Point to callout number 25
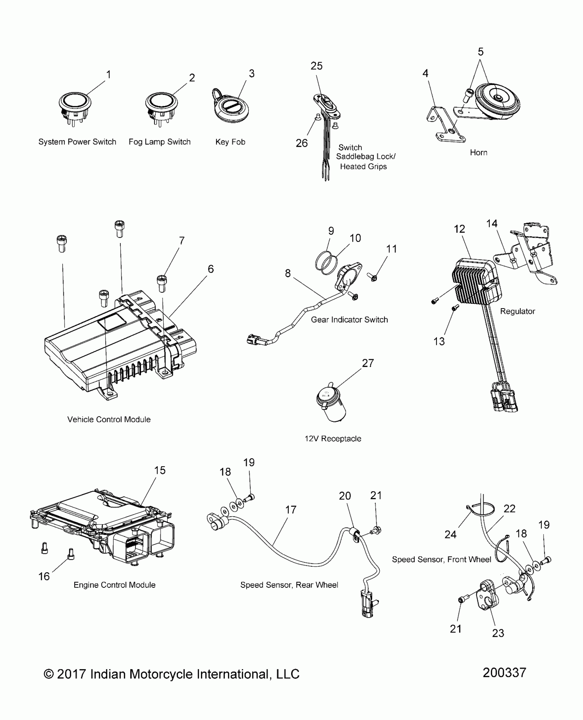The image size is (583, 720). pyautogui.click(x=317, y=66)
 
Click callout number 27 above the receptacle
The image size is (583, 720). pyautogui.click(x=368, y=363)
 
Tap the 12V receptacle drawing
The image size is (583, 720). pyautogui.click(x=331, y=404)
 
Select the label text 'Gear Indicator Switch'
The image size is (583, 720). pyautogui.click(x=349, y=320)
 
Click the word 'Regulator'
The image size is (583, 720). pyautogui.click(x=517, y=311)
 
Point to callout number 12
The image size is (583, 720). pyautogui.click(x=459, y=229)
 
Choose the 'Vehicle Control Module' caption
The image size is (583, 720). pyautogui.click(x=109, y=419)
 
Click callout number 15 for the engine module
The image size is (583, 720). pyautogui.click(x=159, y=470)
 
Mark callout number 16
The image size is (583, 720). pyautogui.click(x=44, y=576)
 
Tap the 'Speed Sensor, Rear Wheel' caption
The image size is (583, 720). pyautogui.click(x=289, y=585)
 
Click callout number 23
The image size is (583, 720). pyautogui.click(x=498, y=633)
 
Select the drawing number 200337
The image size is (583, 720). pyautogui.click(x=504, y=673)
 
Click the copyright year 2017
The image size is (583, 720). pyautogui.click(x=71, y=674)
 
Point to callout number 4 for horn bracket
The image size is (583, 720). pyautogui.click(x=425, y=73)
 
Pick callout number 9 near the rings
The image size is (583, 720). pyautogui.click(x=331, y=231)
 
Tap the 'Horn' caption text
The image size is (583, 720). pyautogui.click(x=478, y=153)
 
